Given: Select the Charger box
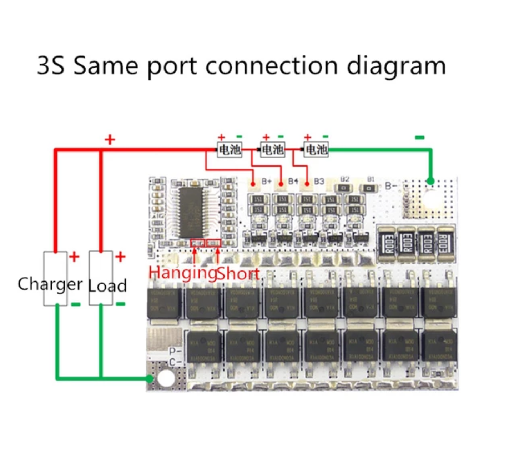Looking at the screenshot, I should [x=55, y=278].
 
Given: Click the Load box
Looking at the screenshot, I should [x=101, y=278].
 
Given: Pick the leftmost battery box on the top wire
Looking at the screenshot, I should [x=230, y=149].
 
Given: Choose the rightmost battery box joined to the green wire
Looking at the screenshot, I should [x=316, y=149].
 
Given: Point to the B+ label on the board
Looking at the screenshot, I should [x=266, y=181].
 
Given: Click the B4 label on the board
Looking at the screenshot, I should [x=293, y=181].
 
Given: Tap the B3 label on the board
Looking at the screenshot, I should [x=319, y=182].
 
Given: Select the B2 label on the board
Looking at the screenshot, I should [x=344, y=179].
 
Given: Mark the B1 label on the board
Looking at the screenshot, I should [x=371, y=179].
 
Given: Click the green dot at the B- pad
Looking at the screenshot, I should [x=431, y=182].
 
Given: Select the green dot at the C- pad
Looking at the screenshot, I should [x=150, y=378].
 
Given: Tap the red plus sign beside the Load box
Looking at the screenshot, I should [x=120, y=257].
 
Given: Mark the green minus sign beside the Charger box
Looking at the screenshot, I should [x=76, y=304].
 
